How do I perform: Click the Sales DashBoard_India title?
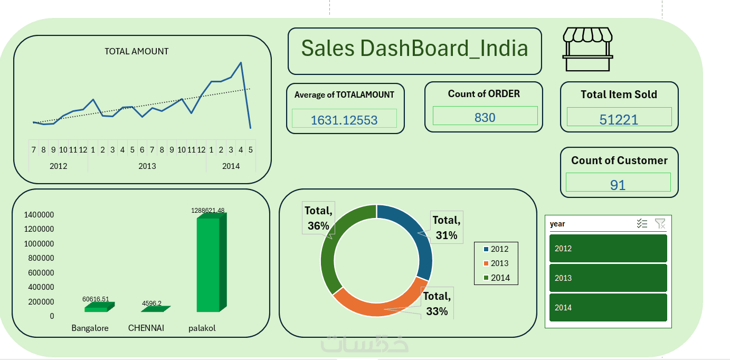coord(414,49)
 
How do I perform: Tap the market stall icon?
coord(587,49)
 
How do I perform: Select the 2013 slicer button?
coord(608,278)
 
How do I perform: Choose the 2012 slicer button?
coord(608,249)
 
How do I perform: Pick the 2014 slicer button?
coord(608,308)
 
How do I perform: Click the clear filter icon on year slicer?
coord(660,224)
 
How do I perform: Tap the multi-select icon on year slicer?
coord(642,224)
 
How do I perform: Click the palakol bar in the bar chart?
coord(208,264)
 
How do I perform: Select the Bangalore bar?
coord(96,308)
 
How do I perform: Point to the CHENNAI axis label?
coord(146,328)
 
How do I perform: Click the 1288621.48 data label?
coord(207,211)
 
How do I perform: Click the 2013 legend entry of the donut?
coord(496,263)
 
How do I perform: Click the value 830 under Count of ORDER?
coord(485,117)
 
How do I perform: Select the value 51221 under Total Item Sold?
coord(619,119)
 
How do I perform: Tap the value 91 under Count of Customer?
coord(618,185)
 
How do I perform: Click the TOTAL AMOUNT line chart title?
coord(136,51)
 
